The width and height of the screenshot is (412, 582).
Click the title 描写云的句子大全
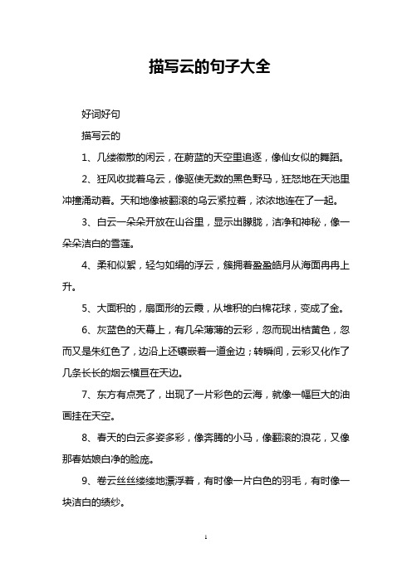(x=206, y=66)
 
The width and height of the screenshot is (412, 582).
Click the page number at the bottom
(x=205, y=560)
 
